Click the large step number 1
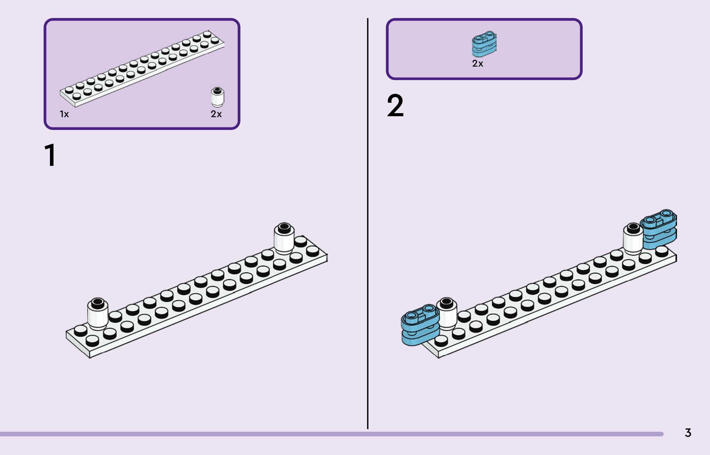[50, 155]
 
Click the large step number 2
[395, 106]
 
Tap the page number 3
[688, 433]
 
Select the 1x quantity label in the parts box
[64, 114]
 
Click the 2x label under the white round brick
[216, 114]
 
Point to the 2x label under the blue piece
[478, 64]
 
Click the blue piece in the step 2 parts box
[484, 44]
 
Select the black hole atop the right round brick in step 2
[634, 227]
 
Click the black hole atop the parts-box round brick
[218, 90]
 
